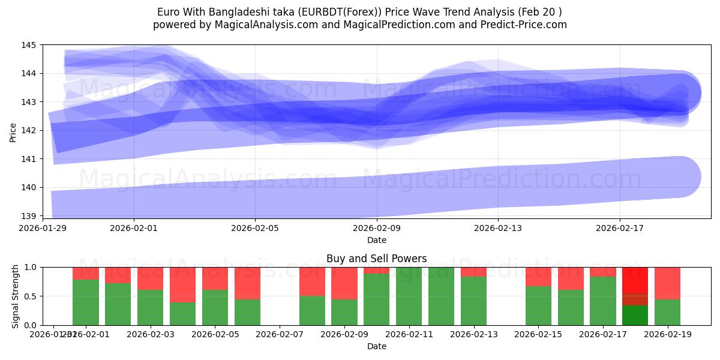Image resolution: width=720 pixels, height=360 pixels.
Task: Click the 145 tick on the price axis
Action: (x=28, y=45)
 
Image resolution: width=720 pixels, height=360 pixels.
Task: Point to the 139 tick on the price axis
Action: (x=28, y=215)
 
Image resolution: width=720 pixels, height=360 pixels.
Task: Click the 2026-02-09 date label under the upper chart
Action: (x=377, y=228)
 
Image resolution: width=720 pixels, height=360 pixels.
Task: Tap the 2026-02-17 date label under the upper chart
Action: (x=619, y=228)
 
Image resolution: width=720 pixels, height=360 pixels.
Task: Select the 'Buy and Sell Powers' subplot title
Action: (x=376, y=259)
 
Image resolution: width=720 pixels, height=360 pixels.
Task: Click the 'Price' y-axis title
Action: (x=13, y=132)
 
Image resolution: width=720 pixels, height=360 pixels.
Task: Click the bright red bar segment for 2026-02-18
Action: (x=635, y=280)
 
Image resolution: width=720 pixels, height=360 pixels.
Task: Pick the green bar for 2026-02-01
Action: (x=86, y=302)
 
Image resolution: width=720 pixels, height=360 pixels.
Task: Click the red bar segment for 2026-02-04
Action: (x=182, y=284)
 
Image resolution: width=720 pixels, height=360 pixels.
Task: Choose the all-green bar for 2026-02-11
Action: (x=409, y=296)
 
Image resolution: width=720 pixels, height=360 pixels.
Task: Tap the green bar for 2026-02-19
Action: (x=667, y=312)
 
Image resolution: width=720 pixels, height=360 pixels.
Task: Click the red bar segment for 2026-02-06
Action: (x=247, y=283)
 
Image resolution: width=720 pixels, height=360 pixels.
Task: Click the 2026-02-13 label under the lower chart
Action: (x=473, y=334)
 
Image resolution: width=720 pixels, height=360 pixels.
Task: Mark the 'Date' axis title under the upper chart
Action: (x=376, y=240)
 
